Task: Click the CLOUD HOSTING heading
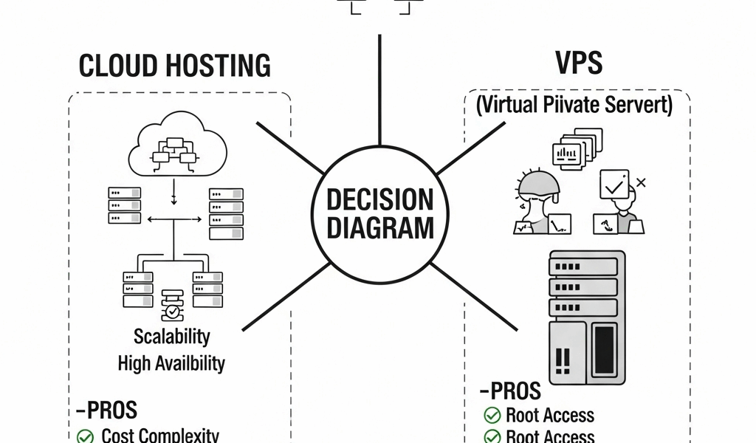tap(174, 66)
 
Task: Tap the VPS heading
tap(579, 63)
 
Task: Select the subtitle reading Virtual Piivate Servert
tap(574, 104)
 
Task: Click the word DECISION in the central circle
tap(379, 200)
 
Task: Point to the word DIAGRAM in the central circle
tap(379, 227)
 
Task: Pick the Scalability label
tap(172, 337)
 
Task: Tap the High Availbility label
tap(172, 363)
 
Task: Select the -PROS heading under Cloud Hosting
tap(106, 410)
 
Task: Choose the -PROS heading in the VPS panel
tap(510, 390)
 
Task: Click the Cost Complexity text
tap(160, 435)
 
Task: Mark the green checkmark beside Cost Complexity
tap(86, 436)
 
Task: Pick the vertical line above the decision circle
tap(379, 89)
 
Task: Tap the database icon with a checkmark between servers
tap(172, 305)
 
